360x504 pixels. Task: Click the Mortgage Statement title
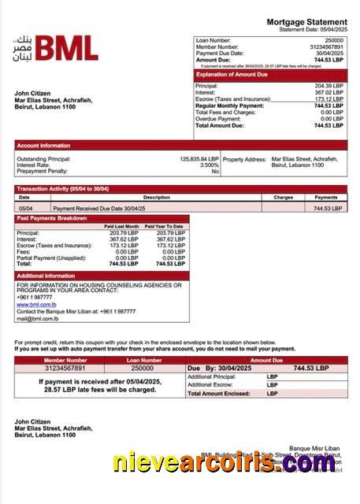[x=306, y=22]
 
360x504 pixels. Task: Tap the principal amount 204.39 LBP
[x=328, y=85]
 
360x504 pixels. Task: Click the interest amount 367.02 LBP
[x=328, y=92]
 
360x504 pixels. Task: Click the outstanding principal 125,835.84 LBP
[x=199, y=158]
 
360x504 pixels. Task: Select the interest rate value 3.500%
[x=209, y=165]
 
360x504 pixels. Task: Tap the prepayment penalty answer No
[x=214, y=171]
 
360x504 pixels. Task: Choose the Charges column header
[x=283, y=198]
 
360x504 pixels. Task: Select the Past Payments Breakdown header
[x=52, y=217]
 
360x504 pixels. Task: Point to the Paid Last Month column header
[x=121, y=227]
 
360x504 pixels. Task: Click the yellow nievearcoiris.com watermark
[x=225, y=463]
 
